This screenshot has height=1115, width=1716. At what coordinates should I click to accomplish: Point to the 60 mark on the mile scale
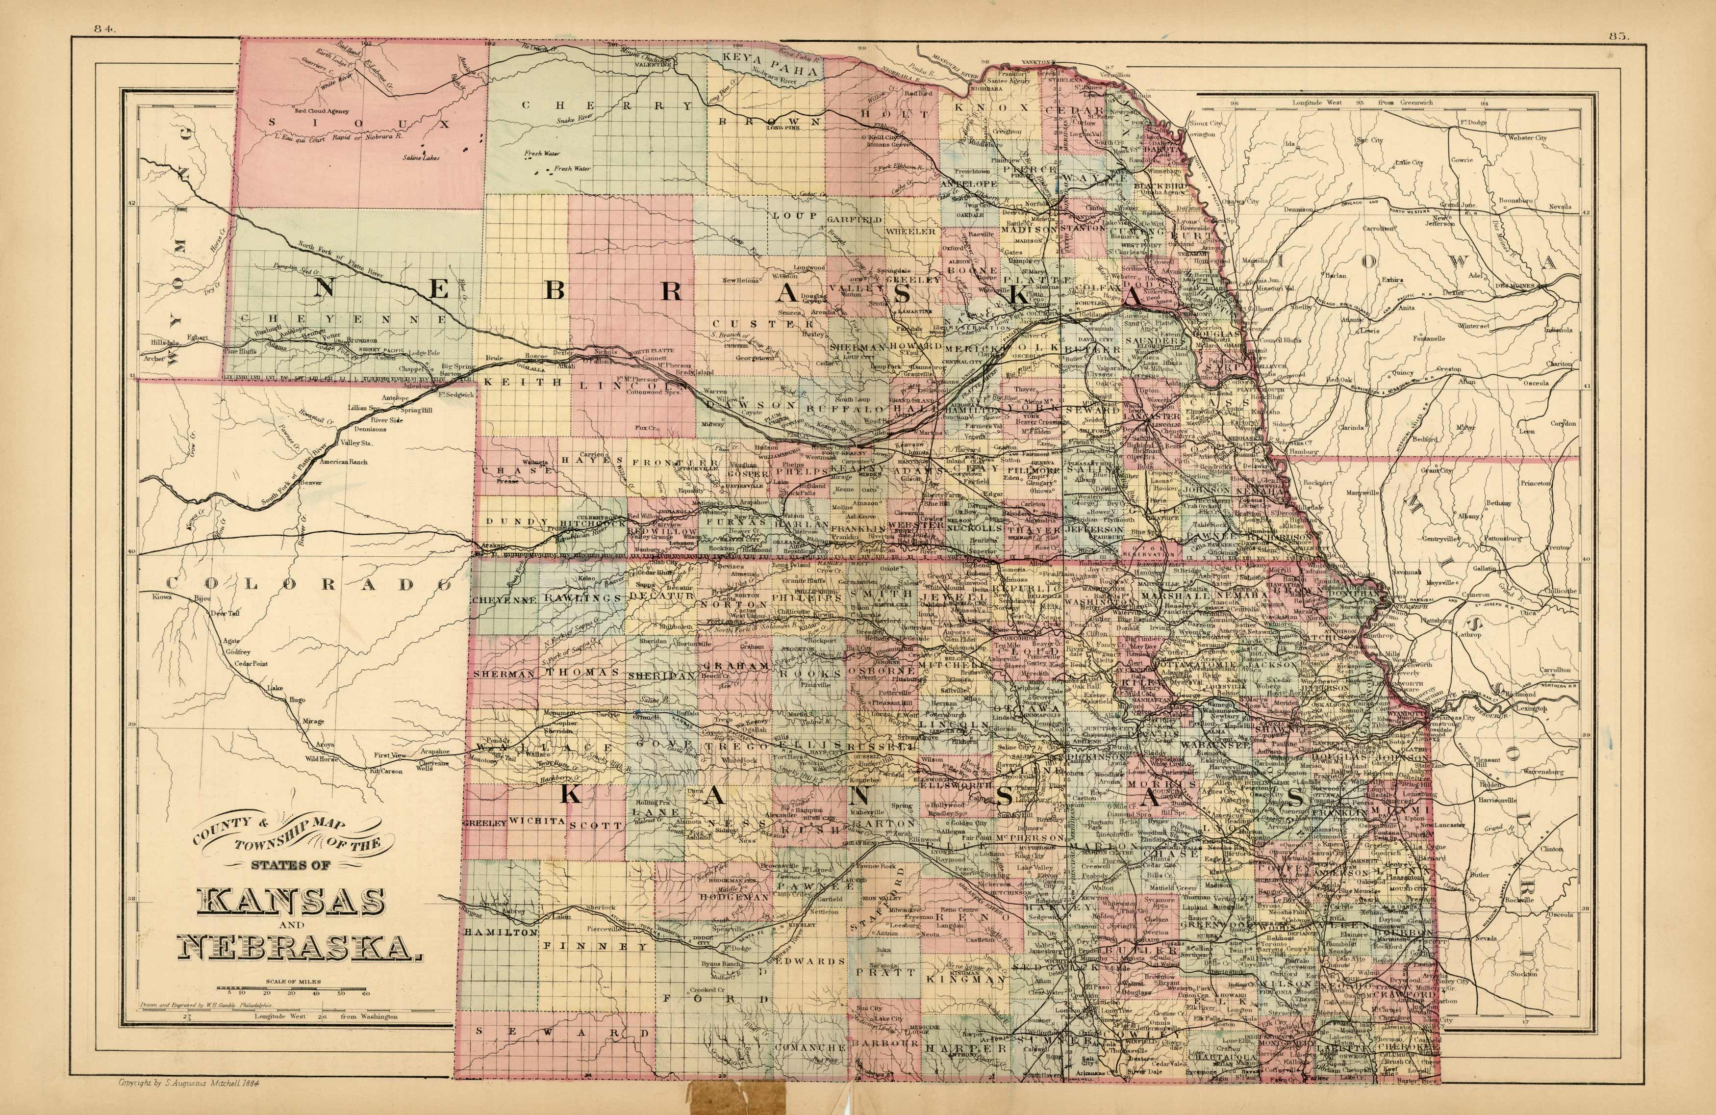click(x=366, y=993)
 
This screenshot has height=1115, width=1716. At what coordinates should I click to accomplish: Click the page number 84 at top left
click(x=104, y=29)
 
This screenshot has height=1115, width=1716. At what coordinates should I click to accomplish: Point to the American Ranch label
click(x=343, y=462)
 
